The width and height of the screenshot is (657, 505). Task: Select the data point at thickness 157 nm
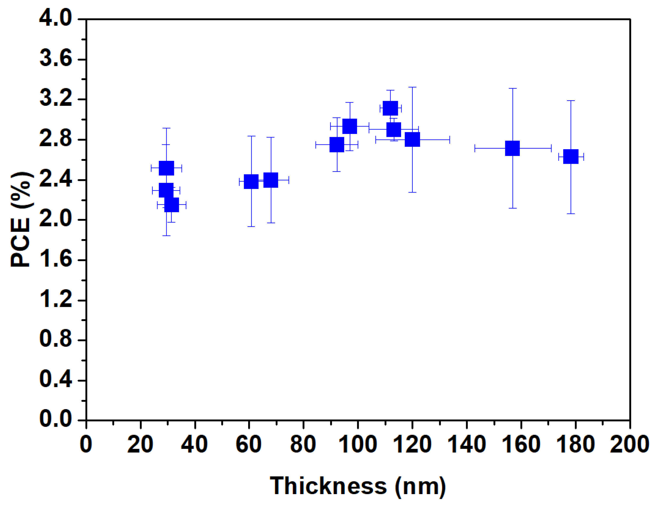point(512,148)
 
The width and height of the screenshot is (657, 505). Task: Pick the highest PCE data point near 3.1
point(390,108)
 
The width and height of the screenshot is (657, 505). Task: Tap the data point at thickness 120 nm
point(412,140)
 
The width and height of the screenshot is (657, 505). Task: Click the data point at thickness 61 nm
point(251,182)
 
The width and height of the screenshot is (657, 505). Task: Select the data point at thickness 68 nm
point(271,180)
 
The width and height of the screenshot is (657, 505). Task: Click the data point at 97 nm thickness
point(349,126)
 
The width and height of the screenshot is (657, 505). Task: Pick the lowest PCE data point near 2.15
point(171,205)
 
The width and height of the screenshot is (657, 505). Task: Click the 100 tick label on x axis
point(357,444)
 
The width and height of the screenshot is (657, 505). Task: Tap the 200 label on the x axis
point(629,444)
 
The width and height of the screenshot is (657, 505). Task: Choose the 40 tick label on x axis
point(195,444)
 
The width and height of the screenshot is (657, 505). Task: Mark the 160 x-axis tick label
point(521,444)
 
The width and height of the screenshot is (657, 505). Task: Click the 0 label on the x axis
point(86,444)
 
